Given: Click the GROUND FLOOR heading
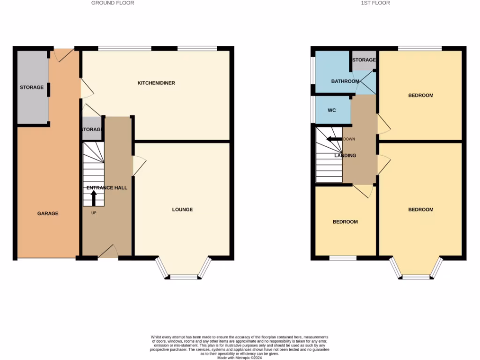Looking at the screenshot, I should pos(112,3).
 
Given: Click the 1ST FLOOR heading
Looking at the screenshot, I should pos(375,3).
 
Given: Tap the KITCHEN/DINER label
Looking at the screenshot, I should pos(156,83).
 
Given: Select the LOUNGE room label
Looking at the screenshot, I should pos(182,210).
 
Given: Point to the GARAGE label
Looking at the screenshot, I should pos(48,213).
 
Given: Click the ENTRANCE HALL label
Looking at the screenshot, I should pos(107,187).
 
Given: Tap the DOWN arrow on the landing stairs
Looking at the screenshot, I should pos(334,139).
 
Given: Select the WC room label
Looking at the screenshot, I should pos(332,111).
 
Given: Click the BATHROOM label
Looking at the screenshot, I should pos(345,81).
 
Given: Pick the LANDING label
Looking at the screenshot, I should pos(345,155).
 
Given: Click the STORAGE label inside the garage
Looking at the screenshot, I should pos(32,87).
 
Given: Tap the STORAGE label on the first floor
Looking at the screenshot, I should pos(364,60).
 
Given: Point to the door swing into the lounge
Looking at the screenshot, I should pos(139,165).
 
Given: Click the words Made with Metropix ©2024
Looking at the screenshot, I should pos(240,357).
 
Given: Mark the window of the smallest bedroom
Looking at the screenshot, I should pos(343,258).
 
